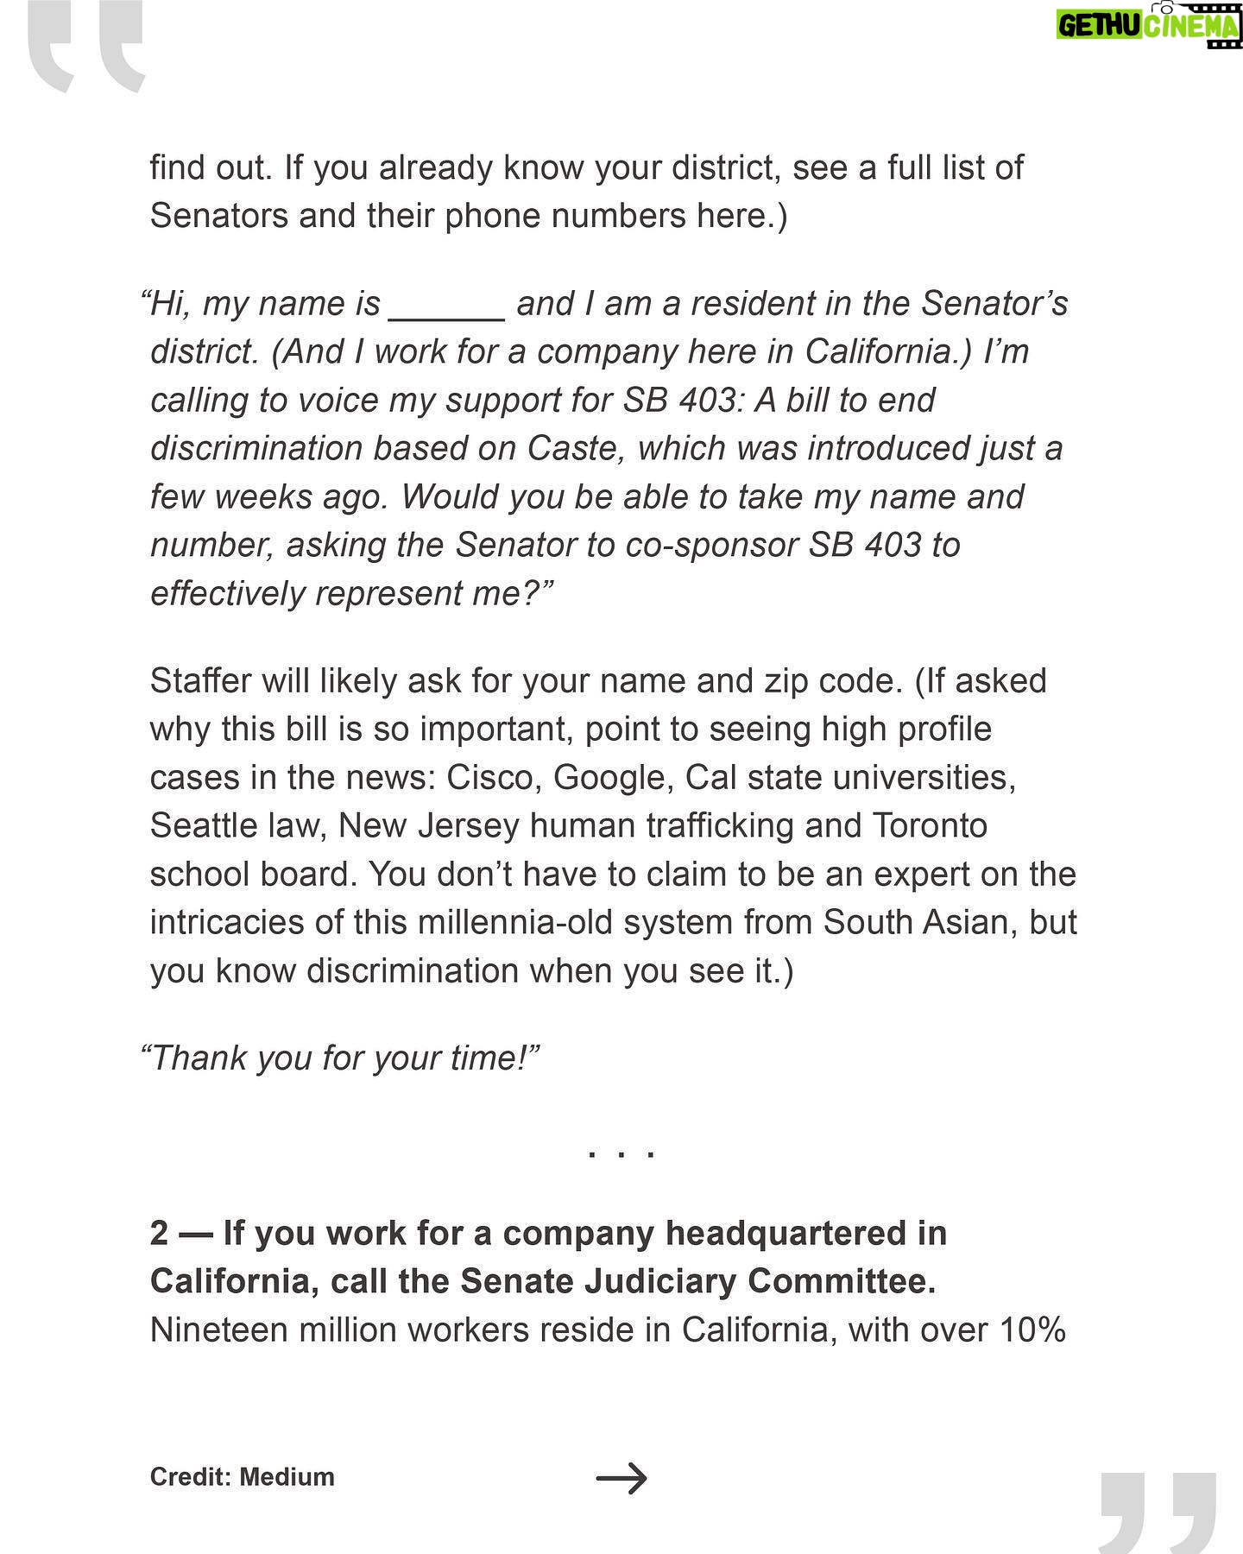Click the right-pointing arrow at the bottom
point(621,1478)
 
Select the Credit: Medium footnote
point(242,1477)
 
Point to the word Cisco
point(494,778)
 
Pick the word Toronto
point(930,826)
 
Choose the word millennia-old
point(515,923)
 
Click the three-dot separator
point(621,1153)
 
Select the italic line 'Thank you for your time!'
point(341,1058)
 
